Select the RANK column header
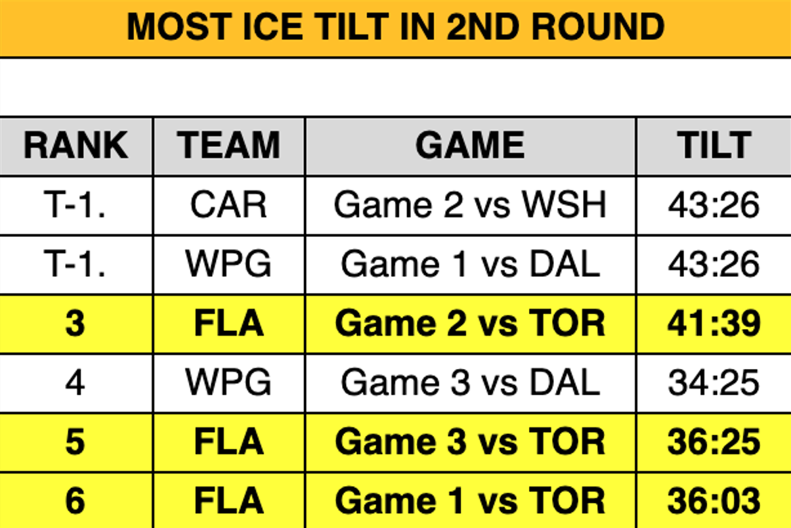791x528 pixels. pos(76,146)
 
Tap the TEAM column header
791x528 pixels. pos(228,146)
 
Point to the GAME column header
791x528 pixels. pos(470,146)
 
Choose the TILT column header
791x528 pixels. pos(714,146)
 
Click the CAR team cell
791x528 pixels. pos(228,205)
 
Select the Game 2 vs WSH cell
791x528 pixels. pos(470,205)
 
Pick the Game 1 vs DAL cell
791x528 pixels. pos(470,264)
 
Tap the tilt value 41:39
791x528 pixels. pos(714,324)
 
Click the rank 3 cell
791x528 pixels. pos(75,324)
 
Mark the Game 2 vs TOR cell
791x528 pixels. pos(470,324)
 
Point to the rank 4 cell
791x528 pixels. pos(75,382)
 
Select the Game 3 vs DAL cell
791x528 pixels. pos(470,382)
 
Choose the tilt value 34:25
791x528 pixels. pos(714,382)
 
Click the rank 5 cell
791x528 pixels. pos(75,442)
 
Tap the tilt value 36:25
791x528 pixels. pos(714,442)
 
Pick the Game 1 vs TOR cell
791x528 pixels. pos(470,501)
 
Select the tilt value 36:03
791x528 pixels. pos(714,501)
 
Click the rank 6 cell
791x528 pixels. pos(75,501)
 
